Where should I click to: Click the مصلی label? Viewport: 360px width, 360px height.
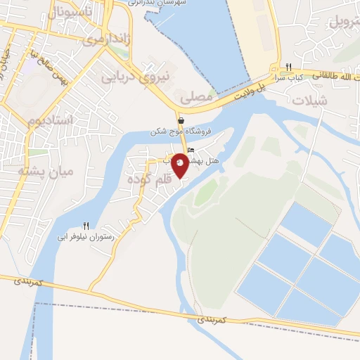(197, 98)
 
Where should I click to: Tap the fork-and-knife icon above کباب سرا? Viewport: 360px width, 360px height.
(288, 67)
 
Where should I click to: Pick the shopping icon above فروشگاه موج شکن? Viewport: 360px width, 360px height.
(181, 121)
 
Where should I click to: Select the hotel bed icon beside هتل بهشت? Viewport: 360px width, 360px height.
(191, 150)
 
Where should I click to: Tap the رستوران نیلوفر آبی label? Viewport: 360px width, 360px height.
(87, 238)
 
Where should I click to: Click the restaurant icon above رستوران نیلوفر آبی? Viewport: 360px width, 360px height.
(86, 226)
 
